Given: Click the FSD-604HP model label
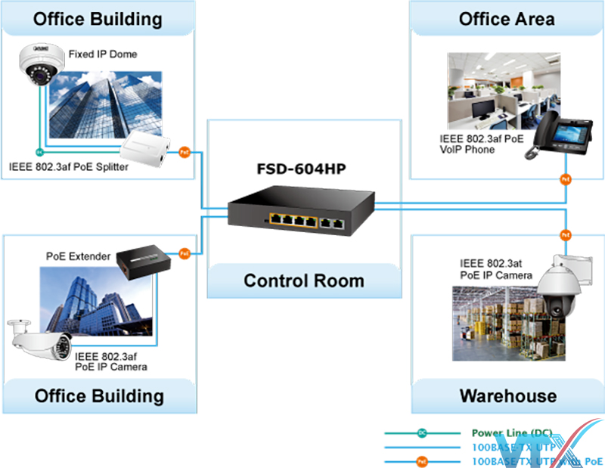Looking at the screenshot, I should coord(303,168).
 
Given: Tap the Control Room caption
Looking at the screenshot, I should coord(303,281).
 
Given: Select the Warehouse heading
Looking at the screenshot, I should coord(507,395).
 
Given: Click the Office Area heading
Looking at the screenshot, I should coord(507,19).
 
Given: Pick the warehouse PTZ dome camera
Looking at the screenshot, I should coord(563,291).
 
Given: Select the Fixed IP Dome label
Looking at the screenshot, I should coord(103,54).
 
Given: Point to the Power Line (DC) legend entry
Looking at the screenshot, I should coord(512,433).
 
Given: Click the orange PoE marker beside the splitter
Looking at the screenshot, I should coord(184,152).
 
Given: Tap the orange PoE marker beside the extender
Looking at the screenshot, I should coord(184,253).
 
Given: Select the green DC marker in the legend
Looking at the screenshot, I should coord(421,433).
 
